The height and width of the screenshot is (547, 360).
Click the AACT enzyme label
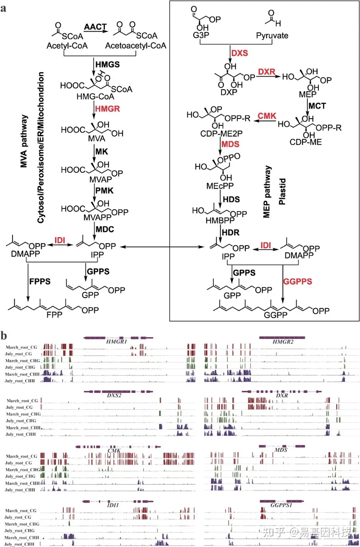pyautogui.click(x=95, y=27)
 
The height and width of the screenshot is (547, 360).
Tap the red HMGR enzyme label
pyautogui.click(x=107, y=109)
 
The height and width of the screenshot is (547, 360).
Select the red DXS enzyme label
pyautogui.click(x=239, y=53)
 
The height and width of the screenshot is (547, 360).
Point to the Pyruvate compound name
pyautogui.click(x=272, y=36)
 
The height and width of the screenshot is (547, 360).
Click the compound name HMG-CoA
pyautogui.click(x=95, y=97)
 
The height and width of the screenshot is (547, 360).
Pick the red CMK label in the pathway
pyautogui.click(x=267, y=116)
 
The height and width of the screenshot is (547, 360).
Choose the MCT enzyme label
pyautogui.click(x=317, y=106)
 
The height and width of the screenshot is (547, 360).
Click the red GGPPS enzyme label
pyautogui.click(x=297, y=281)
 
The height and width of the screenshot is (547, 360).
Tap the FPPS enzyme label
pyautogui.click(x=40, y=281)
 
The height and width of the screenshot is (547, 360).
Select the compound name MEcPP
pyautogui.click(x=220, y=186)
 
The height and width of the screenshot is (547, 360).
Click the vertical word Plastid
pyautogui.click(x=282, y=192)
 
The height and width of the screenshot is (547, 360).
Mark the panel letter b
pyautogui.click(x=4, y=335)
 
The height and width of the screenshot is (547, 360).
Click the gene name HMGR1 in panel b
pyautogui.click(x=117, y=342)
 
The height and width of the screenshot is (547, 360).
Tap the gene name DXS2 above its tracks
pyautogui.click(x=114, y=395)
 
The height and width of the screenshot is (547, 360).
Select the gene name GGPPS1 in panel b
pyautogui.click(x=281, y=505)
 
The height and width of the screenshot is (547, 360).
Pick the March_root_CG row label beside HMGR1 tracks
pyautogui.click(x=22, y=347)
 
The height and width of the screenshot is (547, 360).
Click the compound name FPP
pyautogui.click(x=54, y=315)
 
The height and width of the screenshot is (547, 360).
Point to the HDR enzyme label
pyautogui.click(x=231, y=232)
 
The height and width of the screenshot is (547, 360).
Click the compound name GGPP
pyautogui.click(x=275, y=315)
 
